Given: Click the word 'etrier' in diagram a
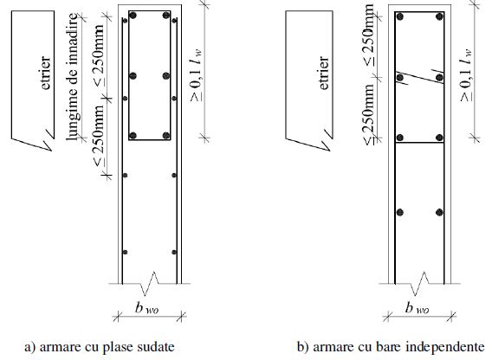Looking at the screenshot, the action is tap(46, 73).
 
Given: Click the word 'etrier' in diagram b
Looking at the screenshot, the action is tap(324, 73).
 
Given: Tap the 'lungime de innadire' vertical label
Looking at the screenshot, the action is tap(73, 77).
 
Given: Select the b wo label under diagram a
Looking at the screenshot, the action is tap(147, 308).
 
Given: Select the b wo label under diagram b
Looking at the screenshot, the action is tap(417, 308).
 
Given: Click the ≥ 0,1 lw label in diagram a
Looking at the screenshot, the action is tap(196, 75).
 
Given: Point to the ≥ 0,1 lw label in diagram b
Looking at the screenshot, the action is tap(466, 75).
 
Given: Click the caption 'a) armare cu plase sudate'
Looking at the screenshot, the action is tap(100, 347).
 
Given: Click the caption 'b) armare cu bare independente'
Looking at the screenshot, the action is tap(391, 347).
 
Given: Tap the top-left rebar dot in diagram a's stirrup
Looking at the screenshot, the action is tap(133, 16).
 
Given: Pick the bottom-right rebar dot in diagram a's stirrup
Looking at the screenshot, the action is tap(166, 136).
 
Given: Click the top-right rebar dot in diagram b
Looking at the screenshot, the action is tap(439, 16).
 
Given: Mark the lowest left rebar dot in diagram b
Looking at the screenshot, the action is tap(400, 213).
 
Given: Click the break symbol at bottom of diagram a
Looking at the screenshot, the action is tap(150, 284).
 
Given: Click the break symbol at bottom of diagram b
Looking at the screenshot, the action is tap(420, 284).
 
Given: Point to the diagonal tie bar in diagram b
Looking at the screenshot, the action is tap(420, 77).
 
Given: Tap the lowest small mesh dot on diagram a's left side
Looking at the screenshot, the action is tap(125, 252).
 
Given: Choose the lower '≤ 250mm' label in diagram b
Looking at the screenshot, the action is tap(369, 113).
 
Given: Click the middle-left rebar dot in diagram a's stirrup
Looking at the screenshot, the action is tap(133, 76).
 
